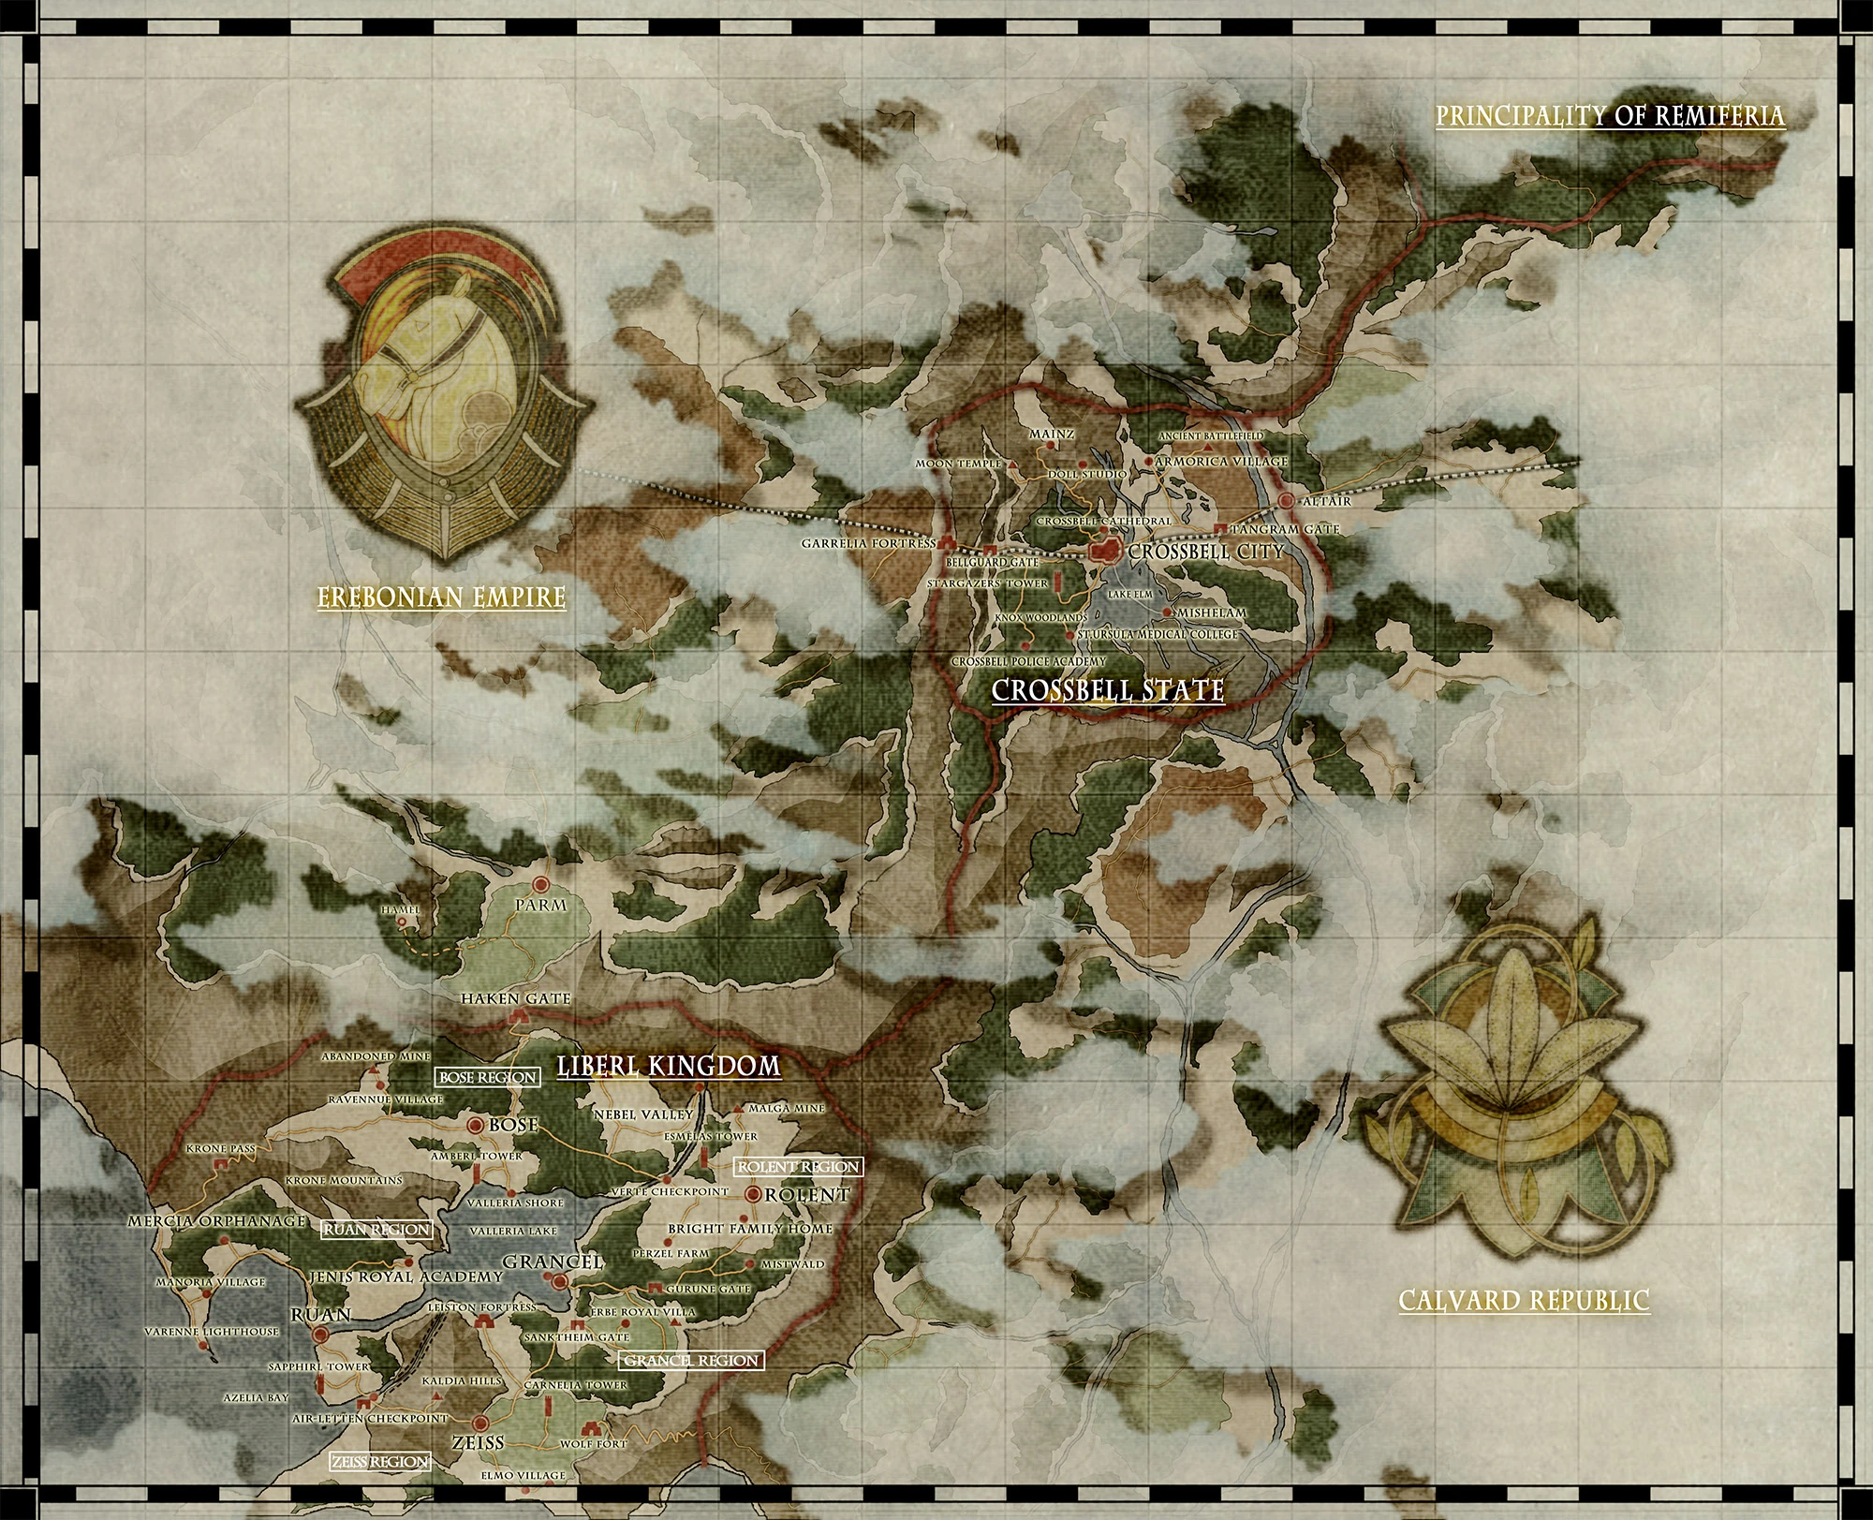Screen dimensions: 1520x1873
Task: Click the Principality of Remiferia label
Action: tap(1610, 116)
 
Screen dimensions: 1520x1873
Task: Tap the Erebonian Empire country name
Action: tap(441, 597)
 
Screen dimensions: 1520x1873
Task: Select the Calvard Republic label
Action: tap(1524, 1300)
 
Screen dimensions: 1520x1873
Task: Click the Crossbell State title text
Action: tap(1108, 690)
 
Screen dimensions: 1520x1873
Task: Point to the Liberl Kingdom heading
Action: tap(669, 1066)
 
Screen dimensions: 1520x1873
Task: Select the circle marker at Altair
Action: tap(1287, 502)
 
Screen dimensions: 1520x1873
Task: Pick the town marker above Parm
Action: tap(540, 884)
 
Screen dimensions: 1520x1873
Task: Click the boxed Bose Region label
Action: tap(487, 1077)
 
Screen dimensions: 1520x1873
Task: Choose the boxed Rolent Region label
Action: tap(798, 1166)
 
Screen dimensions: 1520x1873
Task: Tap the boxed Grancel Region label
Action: tap(691, 1360)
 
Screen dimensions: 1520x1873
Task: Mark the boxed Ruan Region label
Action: tap(376, 1230)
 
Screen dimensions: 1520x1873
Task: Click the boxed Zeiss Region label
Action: tap(379, 1461)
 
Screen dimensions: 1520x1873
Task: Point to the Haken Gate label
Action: tap(515, 999)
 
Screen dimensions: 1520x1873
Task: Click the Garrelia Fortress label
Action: tap(868, 543)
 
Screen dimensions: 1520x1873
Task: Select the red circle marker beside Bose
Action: tap(475, 1125)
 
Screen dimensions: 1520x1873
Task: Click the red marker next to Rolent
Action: tap(754, 1194)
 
